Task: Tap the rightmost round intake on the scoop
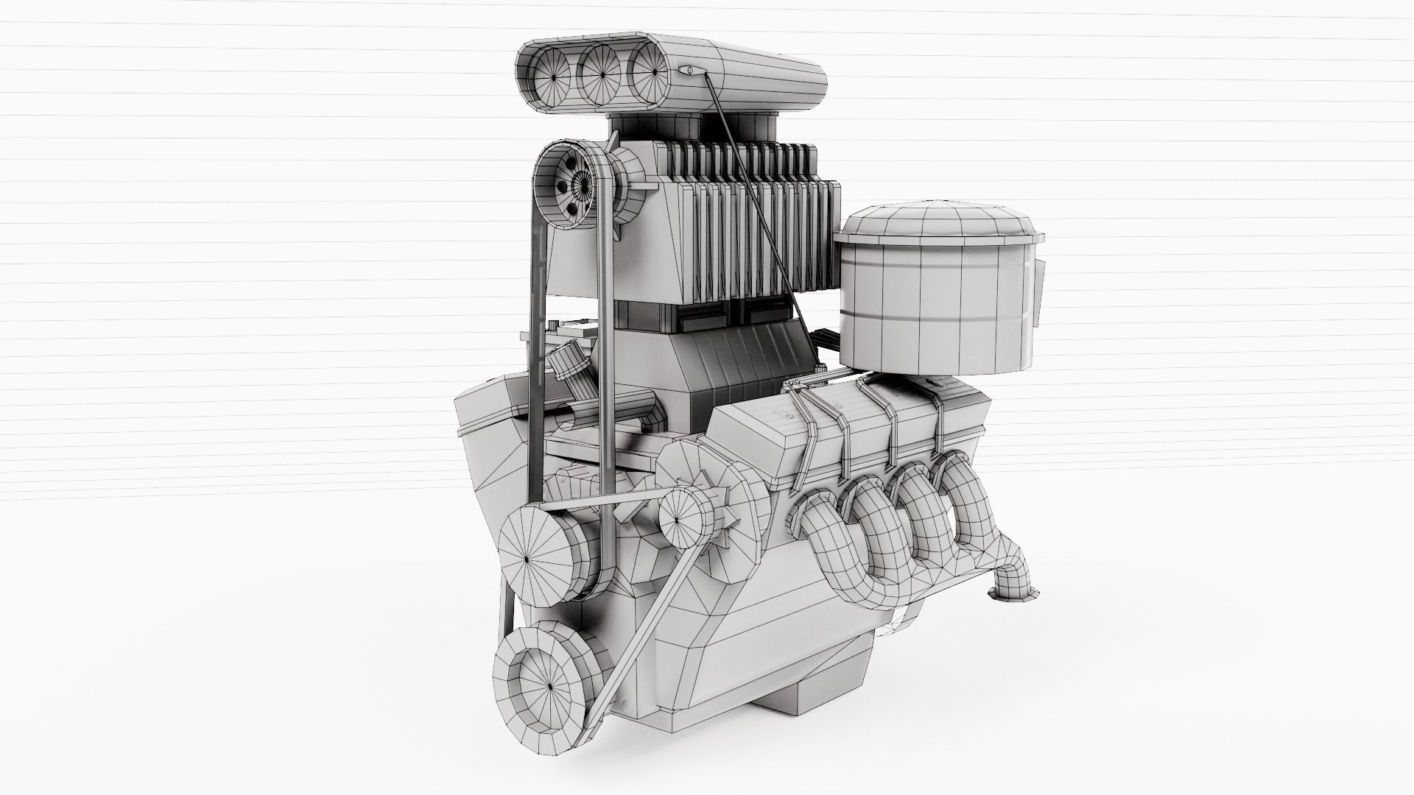point(648,70)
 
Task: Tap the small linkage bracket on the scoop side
point(691,71)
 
